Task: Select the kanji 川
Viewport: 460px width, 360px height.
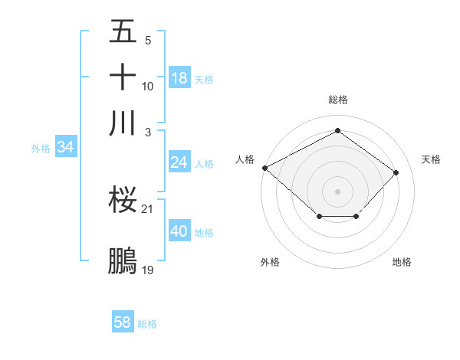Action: click(x=123, y=123)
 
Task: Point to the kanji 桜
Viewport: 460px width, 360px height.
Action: click(x=123, y=200)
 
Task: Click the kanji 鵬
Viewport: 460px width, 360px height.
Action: click(x=123, y=260)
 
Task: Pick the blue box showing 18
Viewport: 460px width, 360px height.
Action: click(x=179, y=77)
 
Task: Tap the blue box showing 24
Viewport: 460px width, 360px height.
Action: click(x=179, y=162)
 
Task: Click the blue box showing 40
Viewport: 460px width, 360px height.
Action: click(x=179, y=231)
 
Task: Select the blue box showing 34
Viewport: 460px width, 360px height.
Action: click(x=65, y=147)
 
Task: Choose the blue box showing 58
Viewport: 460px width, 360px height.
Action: click(x=123, y=322)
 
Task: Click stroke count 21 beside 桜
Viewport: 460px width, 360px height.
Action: click(x=148, y=208)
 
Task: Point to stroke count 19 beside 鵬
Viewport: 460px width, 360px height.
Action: click(x=148, y=270)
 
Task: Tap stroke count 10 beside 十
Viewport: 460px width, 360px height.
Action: click(x=148, y=86)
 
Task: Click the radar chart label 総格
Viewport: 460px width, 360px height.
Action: click(x=337, y=100)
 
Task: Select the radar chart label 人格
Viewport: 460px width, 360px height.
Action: click(x=245, y=159)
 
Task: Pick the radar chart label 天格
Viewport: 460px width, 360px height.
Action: click(x=431, y=159)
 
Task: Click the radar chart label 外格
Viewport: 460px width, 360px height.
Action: click(x=270, y=262)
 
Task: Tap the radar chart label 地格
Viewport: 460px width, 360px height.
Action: click(x=402, y=262)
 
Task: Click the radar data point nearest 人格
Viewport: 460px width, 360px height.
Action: click(x=264, y=168)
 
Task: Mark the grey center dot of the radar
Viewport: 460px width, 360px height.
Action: click(x=337, y=191)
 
